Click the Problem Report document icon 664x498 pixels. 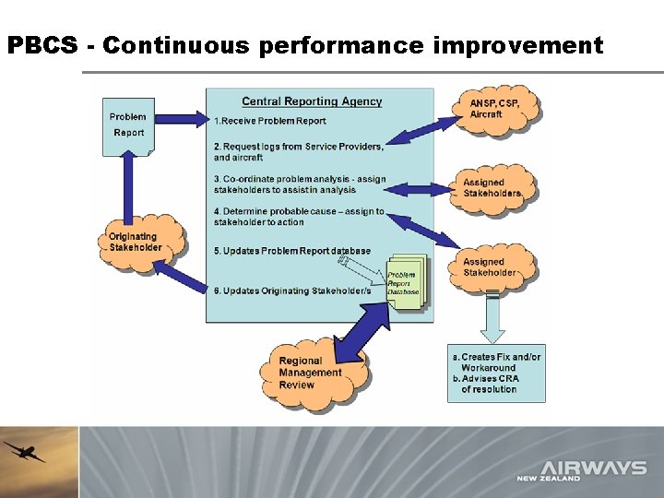pos(128,125)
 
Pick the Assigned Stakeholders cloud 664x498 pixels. pos(492,188)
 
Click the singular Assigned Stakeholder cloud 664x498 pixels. pos(491,267)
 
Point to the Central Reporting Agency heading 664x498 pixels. pos(312,101)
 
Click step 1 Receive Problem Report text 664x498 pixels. pos(269,121)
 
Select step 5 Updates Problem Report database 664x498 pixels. pos(291,251)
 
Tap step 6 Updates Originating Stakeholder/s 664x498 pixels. pos(291,290)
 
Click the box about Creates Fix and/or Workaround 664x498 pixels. pos(496,373)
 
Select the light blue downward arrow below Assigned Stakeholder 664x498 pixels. pos(493,318)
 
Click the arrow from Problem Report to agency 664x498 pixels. pos(181,118)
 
